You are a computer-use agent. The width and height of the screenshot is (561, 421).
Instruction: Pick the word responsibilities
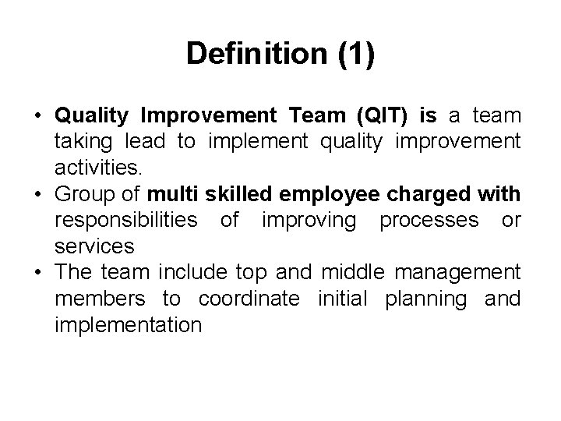tap(125, 220)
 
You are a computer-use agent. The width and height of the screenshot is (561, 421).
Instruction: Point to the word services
tap(94, 246)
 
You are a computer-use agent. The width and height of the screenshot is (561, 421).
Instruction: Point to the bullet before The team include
tap(37, 273)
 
